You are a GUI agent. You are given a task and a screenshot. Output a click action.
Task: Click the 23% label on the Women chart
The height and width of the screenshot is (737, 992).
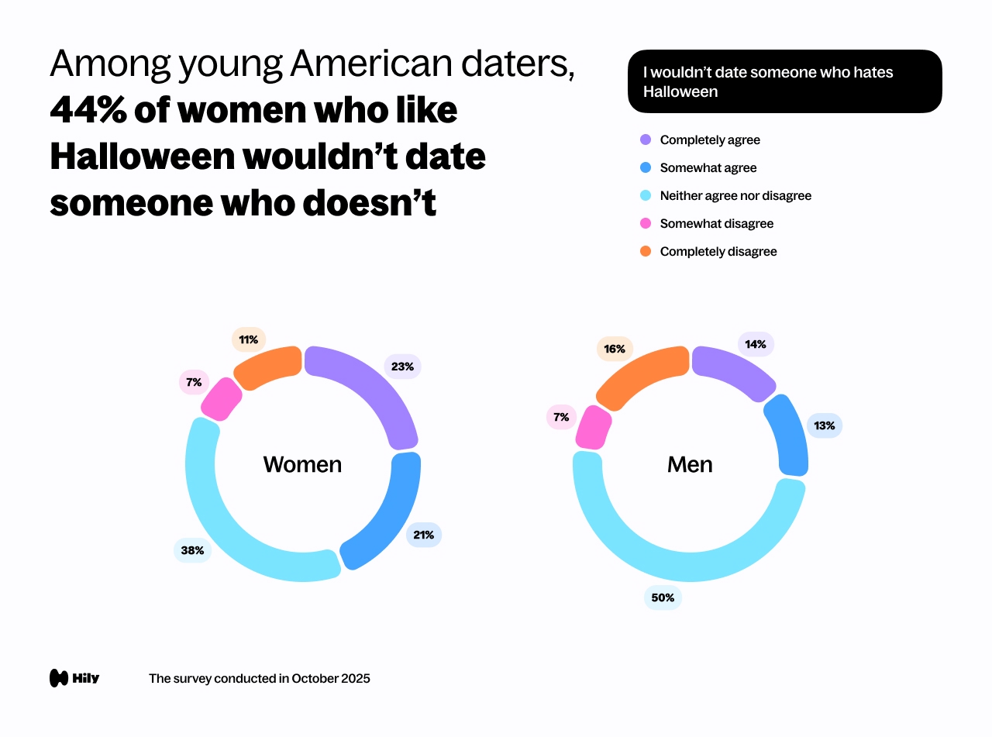click(402, 367)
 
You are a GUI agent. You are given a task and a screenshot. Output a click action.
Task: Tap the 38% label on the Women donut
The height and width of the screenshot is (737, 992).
click(192, 550)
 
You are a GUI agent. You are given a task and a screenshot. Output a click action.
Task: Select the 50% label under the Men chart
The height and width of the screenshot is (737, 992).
click(663, 598)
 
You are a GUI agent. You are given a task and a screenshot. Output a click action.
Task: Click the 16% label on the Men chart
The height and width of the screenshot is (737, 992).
click(615, 349)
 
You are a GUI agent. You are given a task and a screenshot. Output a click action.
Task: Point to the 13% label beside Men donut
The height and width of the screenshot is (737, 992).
click(824, 425)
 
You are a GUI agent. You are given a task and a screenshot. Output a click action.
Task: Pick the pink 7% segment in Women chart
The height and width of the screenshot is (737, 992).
click(221, 399)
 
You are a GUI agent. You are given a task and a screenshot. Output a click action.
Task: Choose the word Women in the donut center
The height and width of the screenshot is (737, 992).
click(302, 464)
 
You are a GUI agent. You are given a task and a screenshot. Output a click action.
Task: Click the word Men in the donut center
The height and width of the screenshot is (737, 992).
click(690, 464)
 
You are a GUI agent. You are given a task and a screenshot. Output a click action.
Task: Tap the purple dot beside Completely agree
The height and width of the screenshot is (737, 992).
click(646, 140)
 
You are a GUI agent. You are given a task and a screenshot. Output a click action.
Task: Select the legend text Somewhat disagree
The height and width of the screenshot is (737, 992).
click(716, 224)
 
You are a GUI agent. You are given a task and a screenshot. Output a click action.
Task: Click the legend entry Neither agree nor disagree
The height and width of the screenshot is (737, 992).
click(735, 196)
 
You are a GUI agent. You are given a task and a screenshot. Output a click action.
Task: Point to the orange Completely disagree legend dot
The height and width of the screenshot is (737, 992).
click(646, 252)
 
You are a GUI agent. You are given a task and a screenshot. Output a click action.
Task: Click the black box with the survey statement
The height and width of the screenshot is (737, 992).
click(784, 81)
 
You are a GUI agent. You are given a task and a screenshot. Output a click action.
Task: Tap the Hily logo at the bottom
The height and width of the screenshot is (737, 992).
click(74, 678)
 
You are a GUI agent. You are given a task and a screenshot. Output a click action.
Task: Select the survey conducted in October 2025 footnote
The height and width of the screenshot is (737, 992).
click(259, 679)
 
